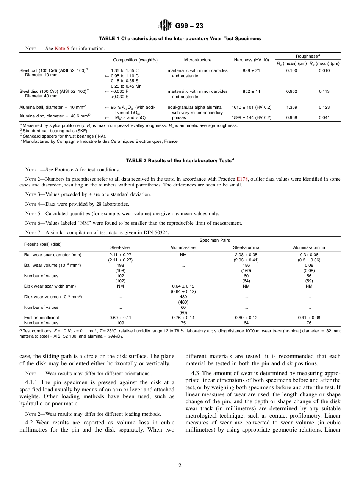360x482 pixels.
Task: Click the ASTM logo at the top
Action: click(x=165, y=26)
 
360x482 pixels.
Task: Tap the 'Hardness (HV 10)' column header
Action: click(x=251, y=60)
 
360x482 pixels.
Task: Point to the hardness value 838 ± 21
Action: click(x=251, y=70)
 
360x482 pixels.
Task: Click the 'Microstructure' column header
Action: click(x=197, y=60)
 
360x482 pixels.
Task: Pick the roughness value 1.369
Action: click(x=291, y=107)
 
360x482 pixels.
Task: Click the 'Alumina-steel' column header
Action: click(x=183, y=248)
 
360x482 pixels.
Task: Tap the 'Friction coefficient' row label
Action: click(x=42, y=318)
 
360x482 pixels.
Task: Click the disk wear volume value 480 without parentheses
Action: click(x=183, y=297)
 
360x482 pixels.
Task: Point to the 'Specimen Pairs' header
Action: click(x=214, y=241)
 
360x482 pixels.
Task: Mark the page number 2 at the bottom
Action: click(x=180, y=466)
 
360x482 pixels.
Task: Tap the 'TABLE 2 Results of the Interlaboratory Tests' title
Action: click(x=180, y=161)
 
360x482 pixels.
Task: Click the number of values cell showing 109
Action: click(x=120, y=323)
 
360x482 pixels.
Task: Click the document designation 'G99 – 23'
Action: click(x=189, y=26)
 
